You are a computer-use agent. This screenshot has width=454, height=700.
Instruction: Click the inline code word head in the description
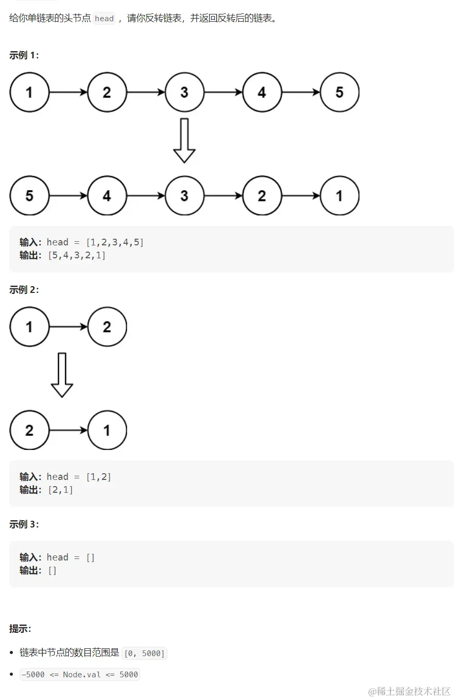(104, 19)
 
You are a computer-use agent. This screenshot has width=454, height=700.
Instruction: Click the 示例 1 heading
(24, 55)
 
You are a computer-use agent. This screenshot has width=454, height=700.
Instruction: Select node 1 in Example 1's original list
(29, 92)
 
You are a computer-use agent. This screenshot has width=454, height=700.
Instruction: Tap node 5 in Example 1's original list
(339, 92)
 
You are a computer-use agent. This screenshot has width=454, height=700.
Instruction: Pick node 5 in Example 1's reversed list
(29, 196)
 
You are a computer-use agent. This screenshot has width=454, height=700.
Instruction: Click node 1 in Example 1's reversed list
(339, 196)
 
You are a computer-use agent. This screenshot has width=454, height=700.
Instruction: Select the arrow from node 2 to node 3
(146, 92)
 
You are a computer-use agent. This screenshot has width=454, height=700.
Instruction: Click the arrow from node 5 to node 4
(68, 196)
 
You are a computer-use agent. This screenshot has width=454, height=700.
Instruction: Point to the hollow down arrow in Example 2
(62, 375)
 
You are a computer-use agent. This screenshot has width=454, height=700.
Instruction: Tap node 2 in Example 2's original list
(107, 326)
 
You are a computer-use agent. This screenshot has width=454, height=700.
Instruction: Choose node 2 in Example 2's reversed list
(29, 430)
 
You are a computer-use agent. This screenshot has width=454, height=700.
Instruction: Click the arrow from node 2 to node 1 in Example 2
(68, 430)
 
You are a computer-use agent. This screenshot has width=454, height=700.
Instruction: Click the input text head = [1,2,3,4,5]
(95, 242)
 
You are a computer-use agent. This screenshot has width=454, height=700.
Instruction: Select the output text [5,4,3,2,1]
(76, 255)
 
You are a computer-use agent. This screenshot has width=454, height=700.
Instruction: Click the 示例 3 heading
(24, 524)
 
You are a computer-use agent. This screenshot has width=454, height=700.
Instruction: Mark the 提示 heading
(20, 629)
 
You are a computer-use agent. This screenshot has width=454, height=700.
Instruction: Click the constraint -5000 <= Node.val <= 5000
(80, 674)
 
